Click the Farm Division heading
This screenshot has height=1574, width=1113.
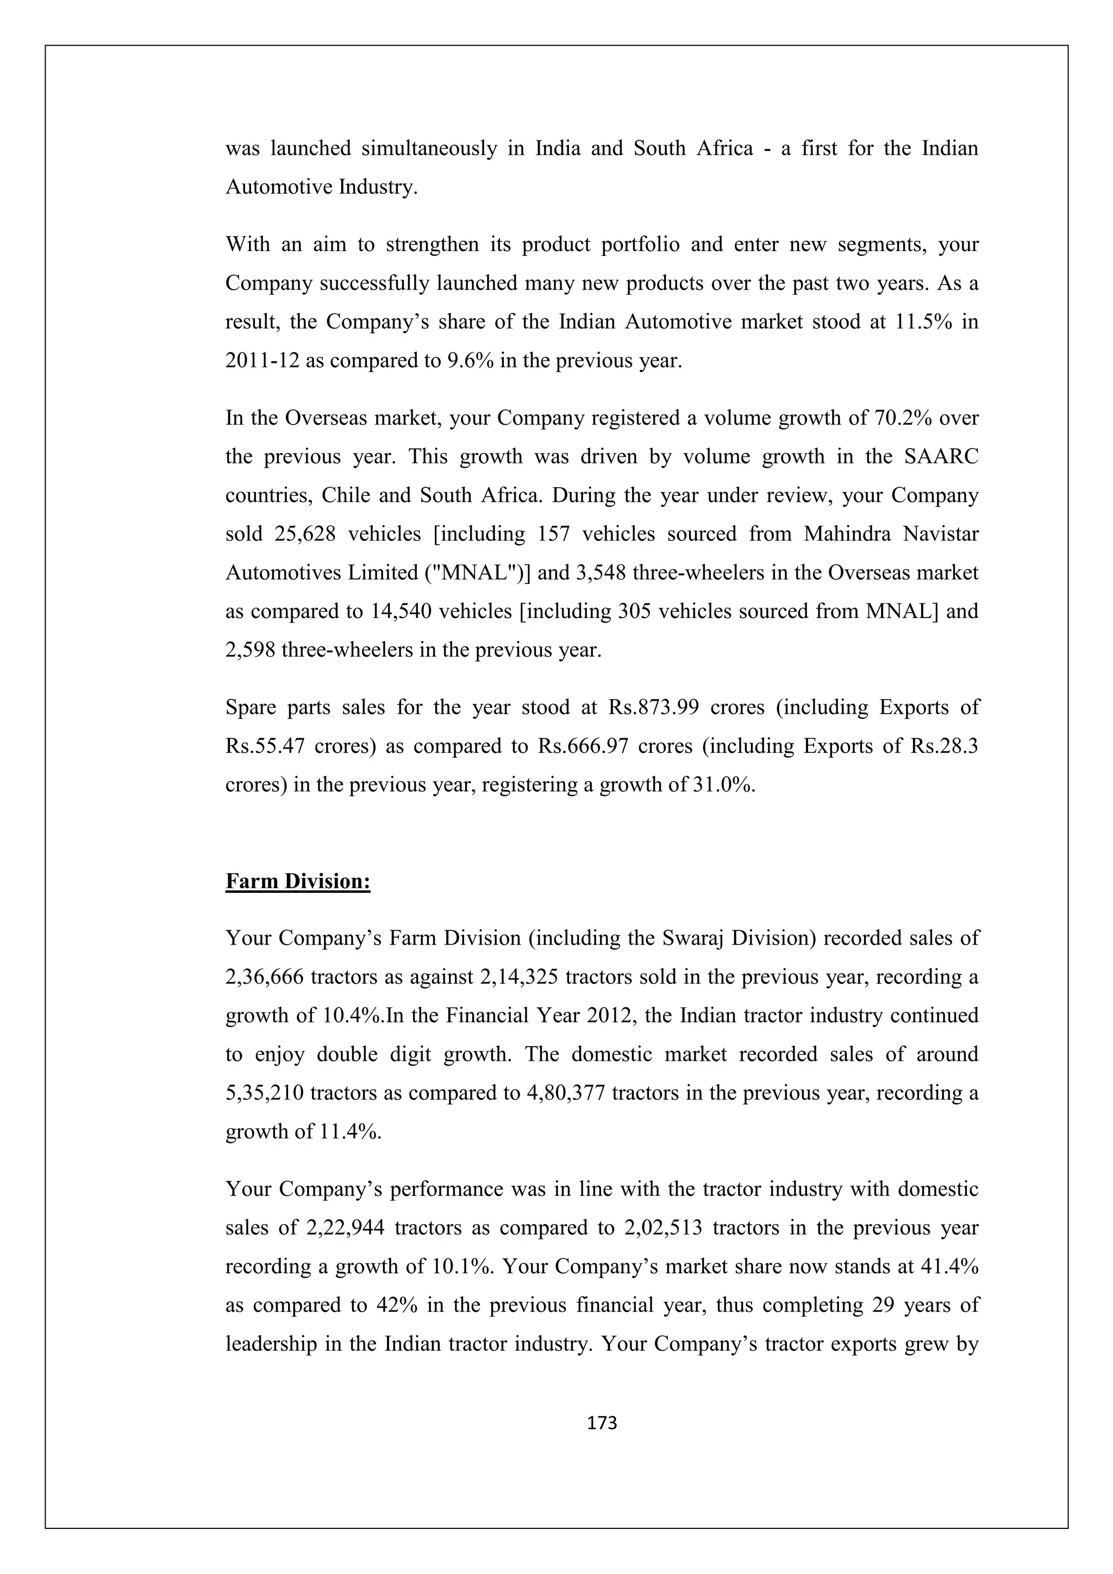[x=298, y=881]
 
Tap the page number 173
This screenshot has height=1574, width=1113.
[x=603, y=1423]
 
